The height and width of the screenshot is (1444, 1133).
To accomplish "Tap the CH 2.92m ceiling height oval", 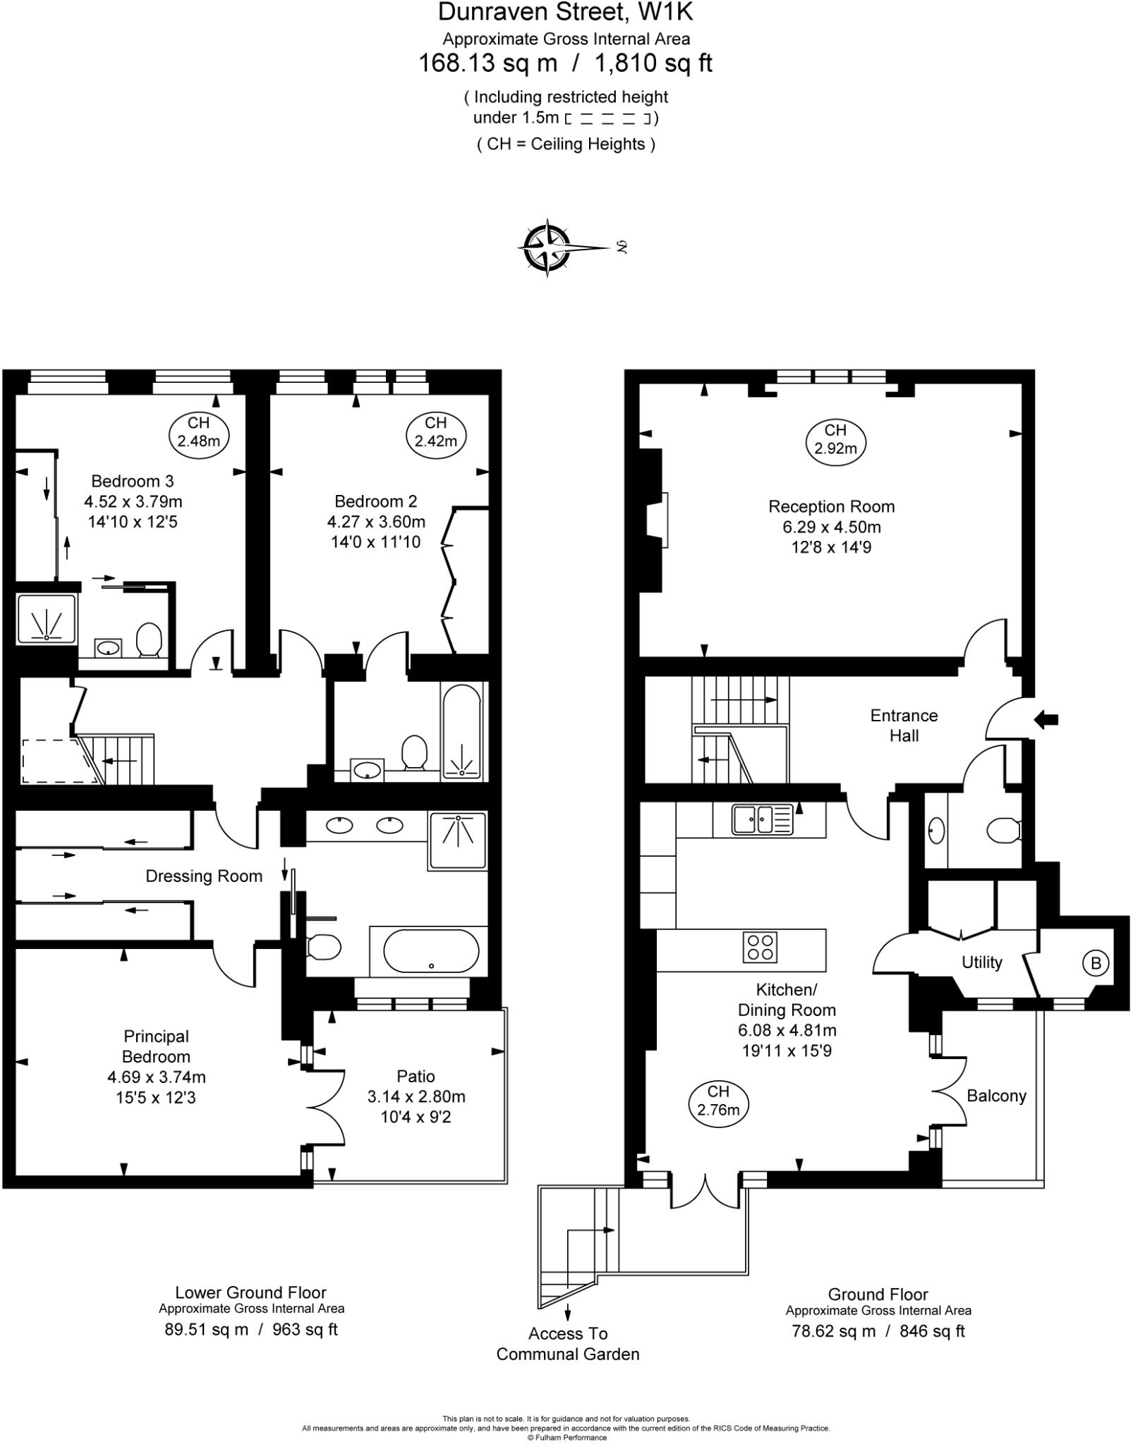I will tap(835, 439).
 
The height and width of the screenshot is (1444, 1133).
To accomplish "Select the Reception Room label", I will tap(831, 506).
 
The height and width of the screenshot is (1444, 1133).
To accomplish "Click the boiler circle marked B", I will tap(1095, 963).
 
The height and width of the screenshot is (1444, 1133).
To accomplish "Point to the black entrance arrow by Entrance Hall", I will tap(1046, 719).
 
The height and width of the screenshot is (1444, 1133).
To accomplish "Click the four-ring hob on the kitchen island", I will tap(760, 947).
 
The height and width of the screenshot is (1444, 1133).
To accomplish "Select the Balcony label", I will tap(995, 1096).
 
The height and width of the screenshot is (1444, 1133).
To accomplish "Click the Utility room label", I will tap(981, 962).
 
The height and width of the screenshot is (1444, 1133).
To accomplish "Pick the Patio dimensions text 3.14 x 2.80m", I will tap(416, 1096).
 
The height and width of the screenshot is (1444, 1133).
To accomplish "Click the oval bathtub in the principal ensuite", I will tap(431, 951).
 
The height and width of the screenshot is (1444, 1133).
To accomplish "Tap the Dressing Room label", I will tap(204, 876).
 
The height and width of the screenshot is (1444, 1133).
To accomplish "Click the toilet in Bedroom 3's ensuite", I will tap(149, 639).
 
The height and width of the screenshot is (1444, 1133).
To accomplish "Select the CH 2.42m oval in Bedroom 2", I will tap(435, 432).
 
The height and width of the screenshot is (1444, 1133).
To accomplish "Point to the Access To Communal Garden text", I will tap(567, 1344).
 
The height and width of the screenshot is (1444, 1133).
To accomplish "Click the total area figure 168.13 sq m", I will tap(487, 63).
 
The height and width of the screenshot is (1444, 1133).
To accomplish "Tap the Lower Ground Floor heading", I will tap(250, 1292).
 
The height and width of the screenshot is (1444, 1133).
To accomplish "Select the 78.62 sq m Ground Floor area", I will tap(832, 1331).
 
